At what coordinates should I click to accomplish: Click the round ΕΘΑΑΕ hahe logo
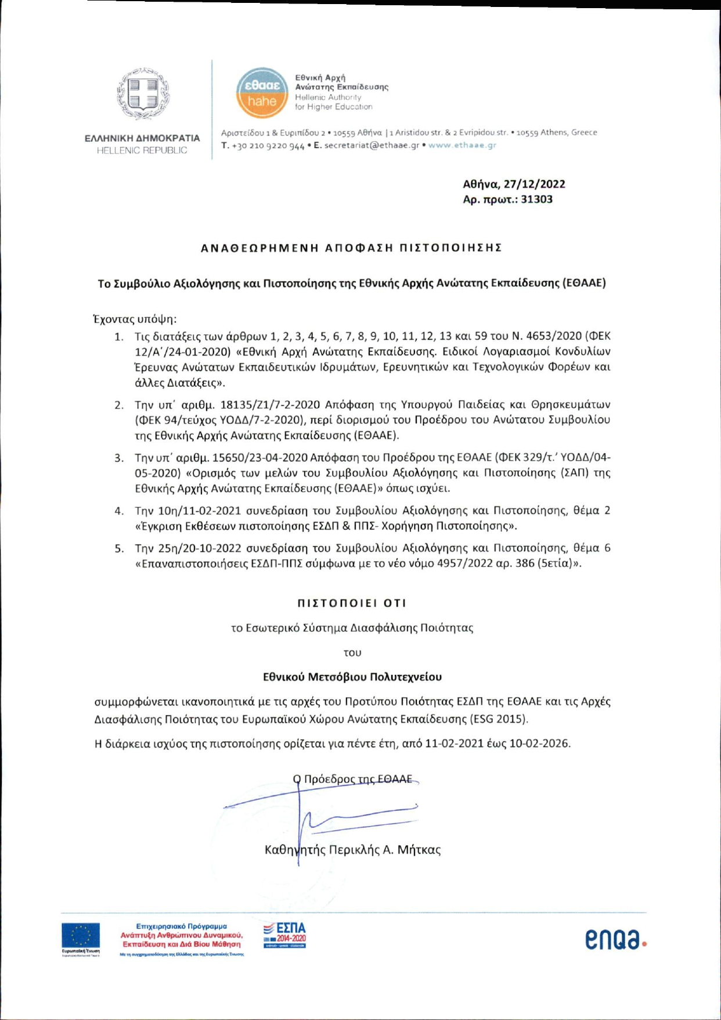pos(262,93)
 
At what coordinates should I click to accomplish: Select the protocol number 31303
pos(537,199)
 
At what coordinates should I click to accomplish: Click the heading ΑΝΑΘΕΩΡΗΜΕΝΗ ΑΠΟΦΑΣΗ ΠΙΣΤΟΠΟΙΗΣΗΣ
pos(351,248)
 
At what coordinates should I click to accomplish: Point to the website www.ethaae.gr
pos(462,145)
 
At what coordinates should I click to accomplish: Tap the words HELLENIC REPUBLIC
pos(142,150)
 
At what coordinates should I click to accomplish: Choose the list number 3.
pos(119,458)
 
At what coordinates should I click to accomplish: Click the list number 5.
pos(119,548)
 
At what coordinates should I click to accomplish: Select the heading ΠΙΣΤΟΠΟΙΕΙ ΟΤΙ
pos(352,603)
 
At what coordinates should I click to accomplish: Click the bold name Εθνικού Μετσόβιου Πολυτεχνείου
pos(352,677)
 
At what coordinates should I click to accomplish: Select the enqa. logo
pos(615,939)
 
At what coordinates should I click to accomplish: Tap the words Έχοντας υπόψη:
pos(135,319)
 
